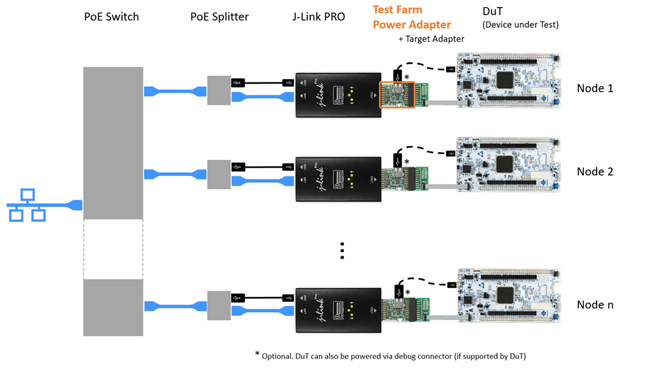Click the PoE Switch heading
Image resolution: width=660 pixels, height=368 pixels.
112,16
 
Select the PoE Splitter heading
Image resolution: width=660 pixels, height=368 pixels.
220,16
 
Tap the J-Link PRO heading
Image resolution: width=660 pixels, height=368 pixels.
319,16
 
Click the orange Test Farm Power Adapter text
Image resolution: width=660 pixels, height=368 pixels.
411,18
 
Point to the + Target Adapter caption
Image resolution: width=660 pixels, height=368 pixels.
431,39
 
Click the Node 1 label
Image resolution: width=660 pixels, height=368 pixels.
595,88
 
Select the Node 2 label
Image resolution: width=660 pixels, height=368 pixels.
595,171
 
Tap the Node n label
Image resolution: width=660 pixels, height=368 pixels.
595,305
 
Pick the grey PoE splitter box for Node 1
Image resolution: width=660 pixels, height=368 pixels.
219,91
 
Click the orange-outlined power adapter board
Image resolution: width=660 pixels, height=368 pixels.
397,95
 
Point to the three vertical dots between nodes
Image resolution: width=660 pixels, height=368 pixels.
342,251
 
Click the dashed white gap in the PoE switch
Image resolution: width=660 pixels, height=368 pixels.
113,249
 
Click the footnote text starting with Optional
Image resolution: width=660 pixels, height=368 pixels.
394,355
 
